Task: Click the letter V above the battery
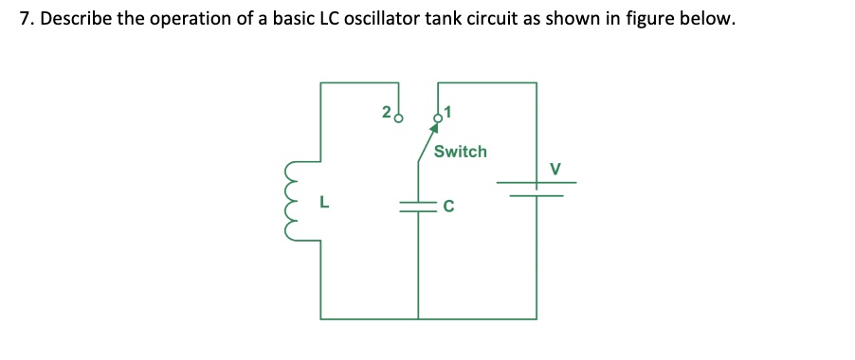[556, 169]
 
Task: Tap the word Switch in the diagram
[460, 152]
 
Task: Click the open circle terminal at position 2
[398, 119]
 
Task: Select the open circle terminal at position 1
[438, 118]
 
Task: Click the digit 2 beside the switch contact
[386, 113]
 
